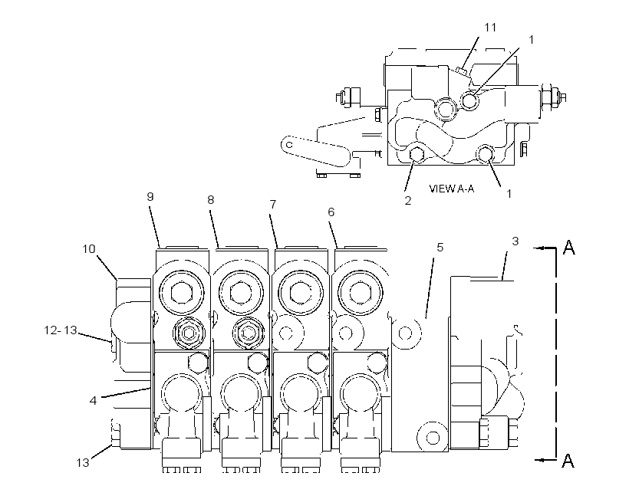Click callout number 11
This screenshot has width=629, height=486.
[490, 28]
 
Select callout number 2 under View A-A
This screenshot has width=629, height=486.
[407, 201]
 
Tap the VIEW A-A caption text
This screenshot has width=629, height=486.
[451, 189]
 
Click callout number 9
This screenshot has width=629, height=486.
[150, 196]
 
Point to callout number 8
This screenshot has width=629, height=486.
[211, 200]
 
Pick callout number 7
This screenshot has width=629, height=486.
[273, 205]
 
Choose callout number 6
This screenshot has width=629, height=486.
[331, 212]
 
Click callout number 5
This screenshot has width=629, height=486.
[440, 248]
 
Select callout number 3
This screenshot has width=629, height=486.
[515, 241]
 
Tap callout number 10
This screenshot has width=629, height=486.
[89, 249]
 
